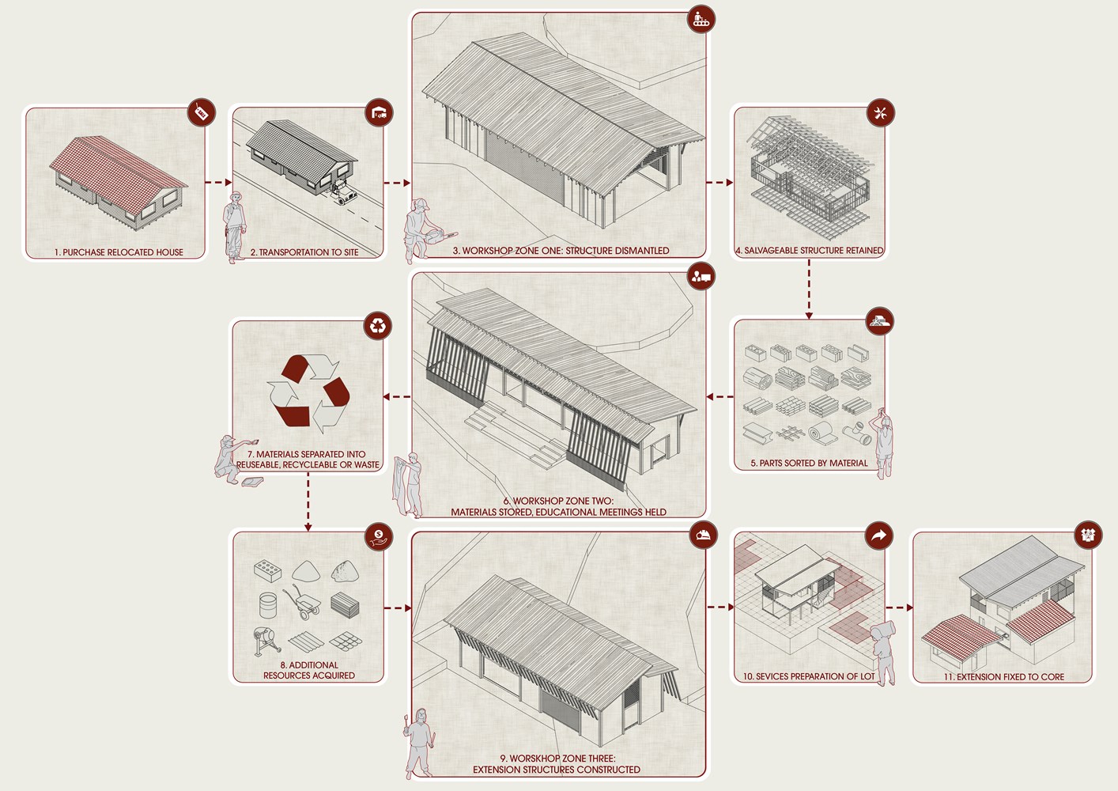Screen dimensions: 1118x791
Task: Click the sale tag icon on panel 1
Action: (201, 112)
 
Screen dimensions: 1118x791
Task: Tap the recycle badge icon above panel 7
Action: (378, 326)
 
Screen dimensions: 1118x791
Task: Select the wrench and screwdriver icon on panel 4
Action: (881, 112)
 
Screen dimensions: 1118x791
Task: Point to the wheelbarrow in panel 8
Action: (302, 604)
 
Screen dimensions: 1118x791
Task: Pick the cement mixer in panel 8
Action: (266, 642)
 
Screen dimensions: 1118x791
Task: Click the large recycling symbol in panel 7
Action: (308, 393)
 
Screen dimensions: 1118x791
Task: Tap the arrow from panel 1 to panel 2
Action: (218, 182)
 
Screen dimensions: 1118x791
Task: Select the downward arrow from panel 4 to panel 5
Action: (809, 290)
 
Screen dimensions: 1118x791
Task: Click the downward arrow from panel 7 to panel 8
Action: (308, 501)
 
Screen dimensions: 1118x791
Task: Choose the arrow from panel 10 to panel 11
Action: (900, 607)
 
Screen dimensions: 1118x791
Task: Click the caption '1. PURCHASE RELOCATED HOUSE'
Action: (119, 252)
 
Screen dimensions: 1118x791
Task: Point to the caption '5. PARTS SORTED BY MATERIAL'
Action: (809, 463)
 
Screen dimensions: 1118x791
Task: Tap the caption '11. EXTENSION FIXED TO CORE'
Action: (1003, 676)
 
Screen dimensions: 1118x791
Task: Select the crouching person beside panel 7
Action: (233, 460)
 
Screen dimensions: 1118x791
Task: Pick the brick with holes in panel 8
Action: (267, 570)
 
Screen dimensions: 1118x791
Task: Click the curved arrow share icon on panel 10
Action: (879, 536)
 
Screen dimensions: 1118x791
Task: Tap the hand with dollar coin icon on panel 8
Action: (379, 537)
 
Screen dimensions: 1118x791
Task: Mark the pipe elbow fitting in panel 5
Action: (857, 433)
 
